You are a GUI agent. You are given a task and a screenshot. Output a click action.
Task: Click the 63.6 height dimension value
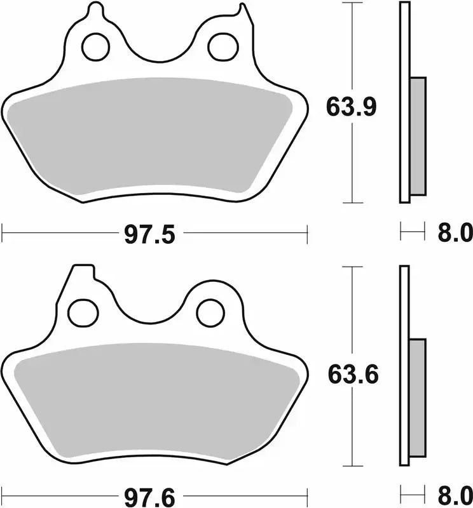[x=353, y=375]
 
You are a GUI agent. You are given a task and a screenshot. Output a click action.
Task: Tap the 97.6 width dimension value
[x=149, y=495]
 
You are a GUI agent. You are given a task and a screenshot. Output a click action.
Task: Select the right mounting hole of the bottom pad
[x=207, y=311]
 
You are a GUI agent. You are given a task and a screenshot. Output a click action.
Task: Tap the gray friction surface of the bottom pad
[x=153, y=400]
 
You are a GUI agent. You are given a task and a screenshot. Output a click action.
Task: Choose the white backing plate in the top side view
[x=404, y=102]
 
